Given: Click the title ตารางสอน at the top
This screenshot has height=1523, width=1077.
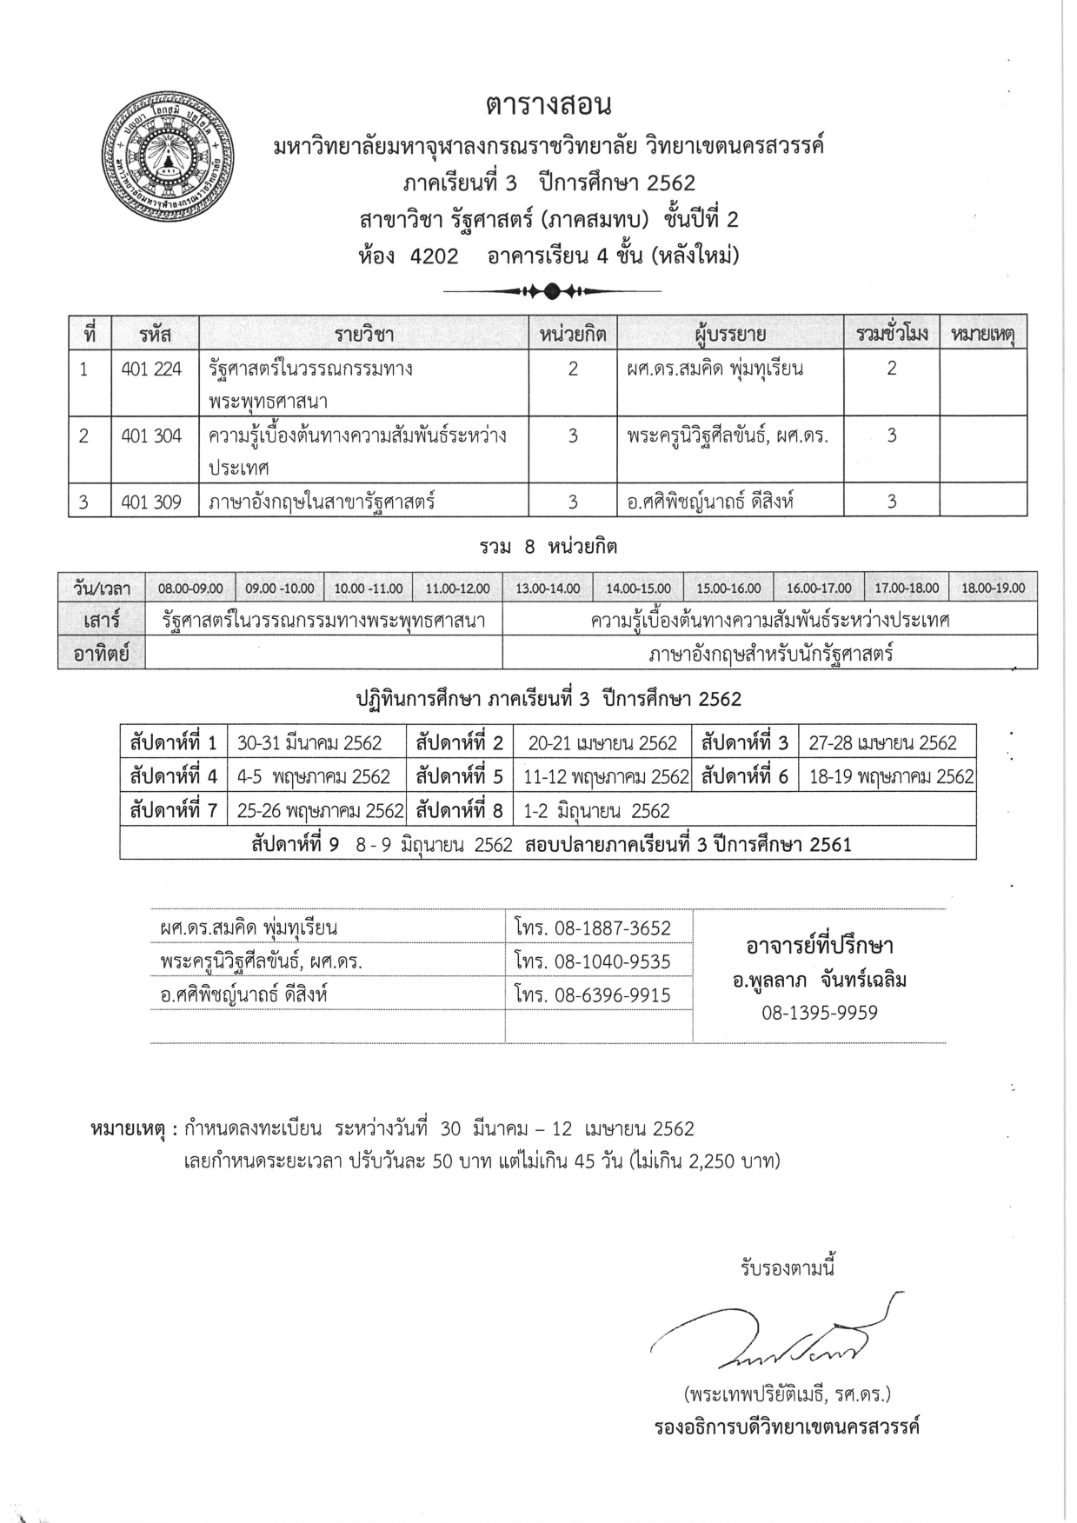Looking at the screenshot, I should point(548,105).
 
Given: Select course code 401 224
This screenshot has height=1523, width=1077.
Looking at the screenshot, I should point(151,369).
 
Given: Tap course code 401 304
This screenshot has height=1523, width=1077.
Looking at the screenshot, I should point(151,436).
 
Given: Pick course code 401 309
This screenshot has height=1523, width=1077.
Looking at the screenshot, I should point(151,502).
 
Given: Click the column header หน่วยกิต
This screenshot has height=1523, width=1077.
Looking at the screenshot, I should point(572,333).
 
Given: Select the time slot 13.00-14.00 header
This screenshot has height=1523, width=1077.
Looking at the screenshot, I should point(548,589).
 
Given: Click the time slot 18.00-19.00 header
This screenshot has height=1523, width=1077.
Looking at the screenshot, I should point(993,589).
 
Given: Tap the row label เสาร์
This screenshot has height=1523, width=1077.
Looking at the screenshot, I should point(102,621).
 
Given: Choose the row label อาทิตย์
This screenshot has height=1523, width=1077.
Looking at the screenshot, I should point(102,654).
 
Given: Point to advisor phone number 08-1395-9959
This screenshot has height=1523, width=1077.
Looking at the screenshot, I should point(820,1013).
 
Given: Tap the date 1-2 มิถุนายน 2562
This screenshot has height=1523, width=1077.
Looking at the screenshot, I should point(596,811).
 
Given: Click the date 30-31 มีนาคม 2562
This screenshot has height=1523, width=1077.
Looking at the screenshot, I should point(309,743).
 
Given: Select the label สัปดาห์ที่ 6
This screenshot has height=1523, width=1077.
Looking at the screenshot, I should point(744,776).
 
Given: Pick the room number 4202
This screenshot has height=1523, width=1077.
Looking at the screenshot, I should point(428,256).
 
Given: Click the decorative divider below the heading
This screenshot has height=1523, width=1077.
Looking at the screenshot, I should point(552,290).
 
